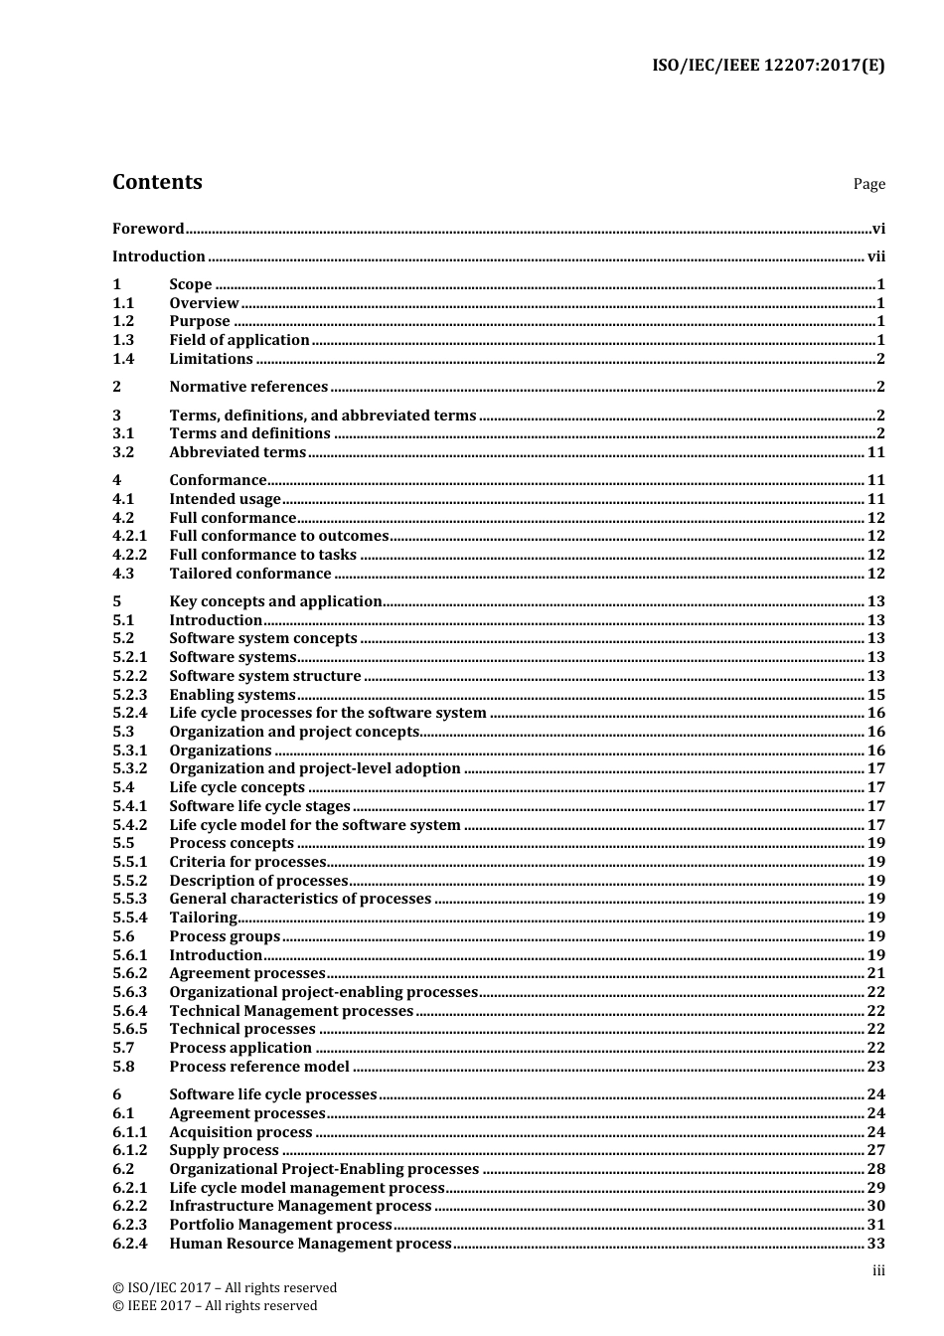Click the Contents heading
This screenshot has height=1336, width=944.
click(157, 182)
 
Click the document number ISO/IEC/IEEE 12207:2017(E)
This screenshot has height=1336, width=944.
click(768, 66)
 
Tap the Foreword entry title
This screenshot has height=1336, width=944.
click(148, 229)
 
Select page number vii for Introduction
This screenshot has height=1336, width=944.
click(875, 256)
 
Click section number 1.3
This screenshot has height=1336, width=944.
click(123, 340)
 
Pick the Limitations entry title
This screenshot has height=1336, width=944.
click(211, 359)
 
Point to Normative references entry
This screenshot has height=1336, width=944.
click(248, 387)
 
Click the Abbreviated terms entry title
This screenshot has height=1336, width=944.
click(237, 452)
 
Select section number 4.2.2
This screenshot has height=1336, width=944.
click(129, 555)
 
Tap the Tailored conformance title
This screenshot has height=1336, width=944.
click(250, 574)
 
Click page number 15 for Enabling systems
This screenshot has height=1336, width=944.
click(875, 695)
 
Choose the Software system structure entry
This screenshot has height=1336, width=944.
click(265, 676)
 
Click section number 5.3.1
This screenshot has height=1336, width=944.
click(129, 751)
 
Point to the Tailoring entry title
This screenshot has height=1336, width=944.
click(204, 918)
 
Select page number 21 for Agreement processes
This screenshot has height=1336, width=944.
click(875, 973)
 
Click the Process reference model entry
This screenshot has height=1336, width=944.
click(259, 1067)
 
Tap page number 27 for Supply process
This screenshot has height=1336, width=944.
click(875, 1150)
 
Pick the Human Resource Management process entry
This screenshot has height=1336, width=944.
click(311, 1244)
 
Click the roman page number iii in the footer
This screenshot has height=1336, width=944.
click(878, 1270)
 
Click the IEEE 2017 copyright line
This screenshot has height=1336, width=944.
click(215, 1306)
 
